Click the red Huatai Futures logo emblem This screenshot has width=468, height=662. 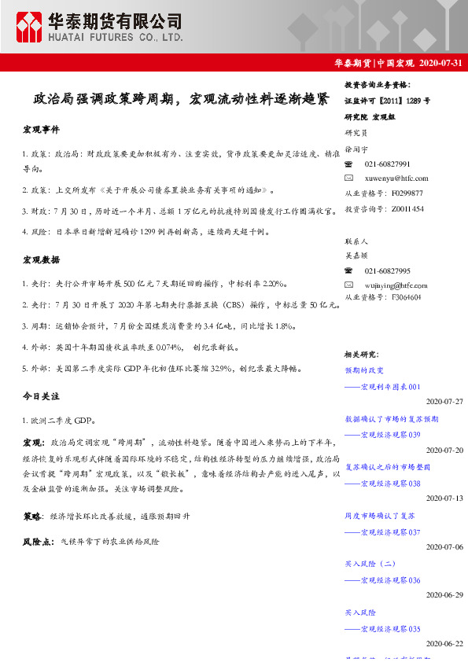point(30,27)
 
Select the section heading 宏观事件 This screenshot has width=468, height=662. point(41,128)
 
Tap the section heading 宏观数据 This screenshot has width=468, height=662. point(41,259)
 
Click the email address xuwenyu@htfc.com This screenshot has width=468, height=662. point(396,178)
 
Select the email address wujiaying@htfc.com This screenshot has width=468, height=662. point(397,285)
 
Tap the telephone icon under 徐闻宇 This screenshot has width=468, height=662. point(351,164)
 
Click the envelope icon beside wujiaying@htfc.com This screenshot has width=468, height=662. point(351,285)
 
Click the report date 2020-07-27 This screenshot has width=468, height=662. point(444,401)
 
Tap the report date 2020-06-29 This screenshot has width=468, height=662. point(444,595)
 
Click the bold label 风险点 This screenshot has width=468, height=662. point(39,542)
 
